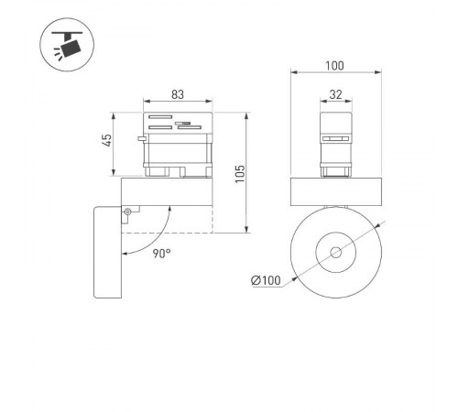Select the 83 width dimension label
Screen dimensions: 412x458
click(177, 94)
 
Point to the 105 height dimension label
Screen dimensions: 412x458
click(240, 174)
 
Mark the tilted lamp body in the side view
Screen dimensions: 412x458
click(107, 252)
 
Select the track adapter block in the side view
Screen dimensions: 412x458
click(177, 145)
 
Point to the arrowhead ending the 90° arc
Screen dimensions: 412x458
click(168, 209)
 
